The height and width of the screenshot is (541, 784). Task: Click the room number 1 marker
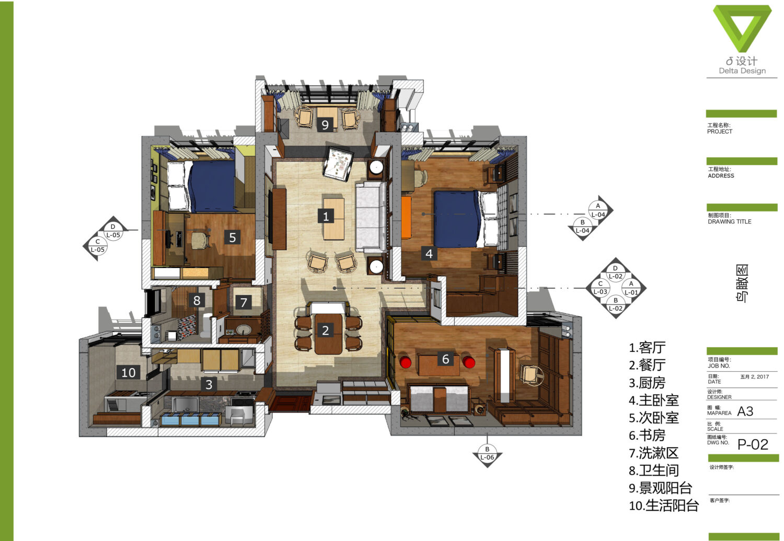pyautogui.click(x=326, y=216)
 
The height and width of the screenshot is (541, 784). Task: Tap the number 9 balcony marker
pyautogui.click(x=325, y=124)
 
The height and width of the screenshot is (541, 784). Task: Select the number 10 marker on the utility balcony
pyautogui.click(x=128, y=372)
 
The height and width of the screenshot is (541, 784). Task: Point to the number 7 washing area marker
pyautogui.click(x=243, y=302)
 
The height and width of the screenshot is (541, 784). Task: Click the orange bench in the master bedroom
pyautogui.click(x=406, y=218)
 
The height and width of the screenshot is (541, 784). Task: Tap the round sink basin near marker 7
pyautogui.click(x=244, y=330)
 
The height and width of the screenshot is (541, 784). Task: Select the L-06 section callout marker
pyautogui.click(x=487, y=454)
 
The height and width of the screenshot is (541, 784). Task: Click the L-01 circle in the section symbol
pyautogui.click(x=631, y=288)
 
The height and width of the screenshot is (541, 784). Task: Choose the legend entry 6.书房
pyautogui.click(x=647, y=436)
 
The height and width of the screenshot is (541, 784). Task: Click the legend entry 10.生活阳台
pyautogui.click(x=664, y=505)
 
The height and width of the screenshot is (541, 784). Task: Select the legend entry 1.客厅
pyautogui.click(x=647, y=348)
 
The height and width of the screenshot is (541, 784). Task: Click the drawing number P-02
pyautogui.click(x=753, y=444)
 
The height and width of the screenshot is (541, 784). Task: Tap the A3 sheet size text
pyautogui.click(x=745, y=411)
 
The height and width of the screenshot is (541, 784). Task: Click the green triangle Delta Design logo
pyautogui.click(x=742, y=28)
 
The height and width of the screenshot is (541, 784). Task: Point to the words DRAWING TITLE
pyautogui.click(x=730, y=222)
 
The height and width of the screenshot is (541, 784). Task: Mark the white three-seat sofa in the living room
pyautogui.click(x=371, y=217)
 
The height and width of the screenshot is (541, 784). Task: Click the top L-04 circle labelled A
pyautogui.click(x=598, y=210)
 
